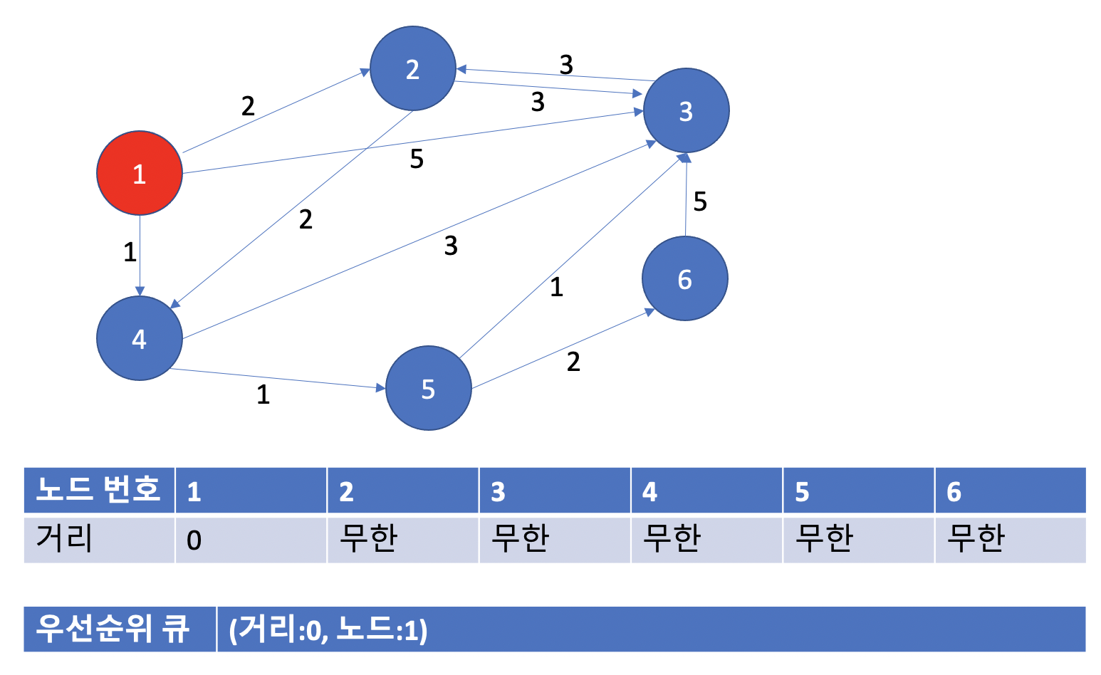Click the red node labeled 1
pos(140,173)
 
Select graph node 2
pos(412,69)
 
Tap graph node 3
pos(686,111)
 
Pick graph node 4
pos(140,338)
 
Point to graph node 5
pos(428,389)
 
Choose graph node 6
pos(684,279)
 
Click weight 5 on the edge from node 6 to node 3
pos(700,202)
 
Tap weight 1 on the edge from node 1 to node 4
pos(130,252)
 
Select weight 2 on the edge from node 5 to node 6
pos(573,362)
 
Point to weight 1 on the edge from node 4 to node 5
pos(263,394)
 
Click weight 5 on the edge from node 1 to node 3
pos(417,159)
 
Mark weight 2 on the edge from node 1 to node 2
pos(248,106)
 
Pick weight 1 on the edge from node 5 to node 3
pos(556,287)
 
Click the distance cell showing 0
pos(251,540)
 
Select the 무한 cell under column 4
pos(706,540)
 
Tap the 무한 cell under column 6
pos(1010,540)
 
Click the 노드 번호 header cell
pos(99,490)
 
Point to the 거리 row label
pos(99,540)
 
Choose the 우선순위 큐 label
pos(114,629)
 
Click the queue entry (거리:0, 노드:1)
pos(328,630)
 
